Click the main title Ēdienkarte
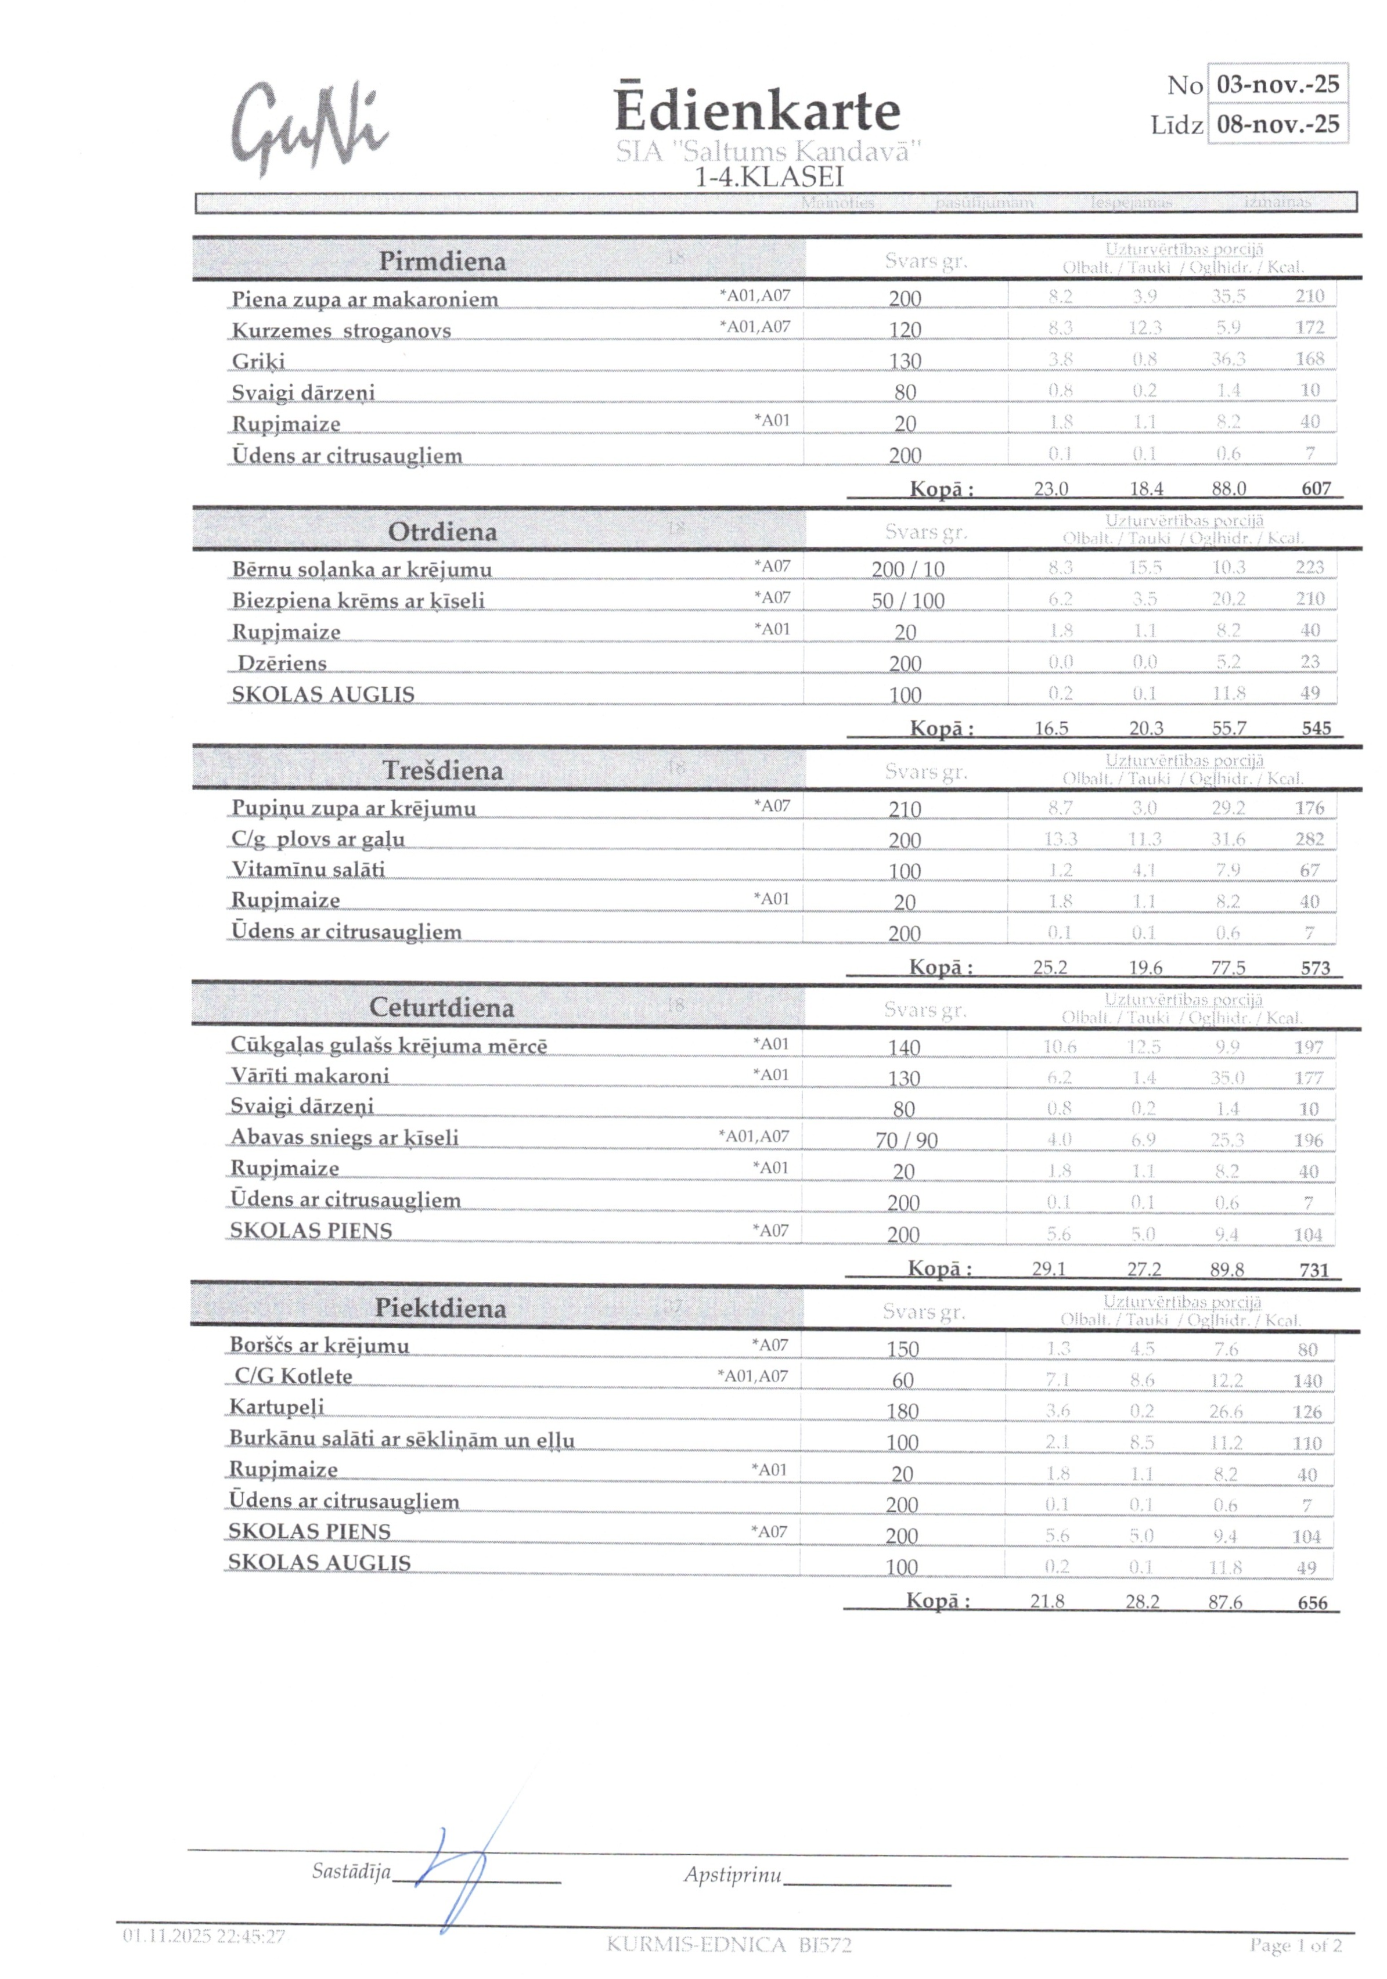(x=757, y=111)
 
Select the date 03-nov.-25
(x=1277, y=85)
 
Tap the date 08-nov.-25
(x=1277, y=124)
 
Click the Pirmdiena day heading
(x=442, y=261)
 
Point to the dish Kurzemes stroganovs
(x=341, y=331)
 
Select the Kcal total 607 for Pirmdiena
(x=1316, y=489)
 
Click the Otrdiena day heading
(x=442, y=532)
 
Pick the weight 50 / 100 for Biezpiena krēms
(x=907, y=601)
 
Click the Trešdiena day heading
(x=442, y=770)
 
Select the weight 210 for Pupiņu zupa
(x=905, y=809)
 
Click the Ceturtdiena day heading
(x=441, y=1008)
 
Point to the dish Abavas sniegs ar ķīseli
(x=344, y=1138)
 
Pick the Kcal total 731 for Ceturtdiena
(x=1314, y=1270)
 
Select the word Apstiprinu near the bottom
(x=733, y=1875)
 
